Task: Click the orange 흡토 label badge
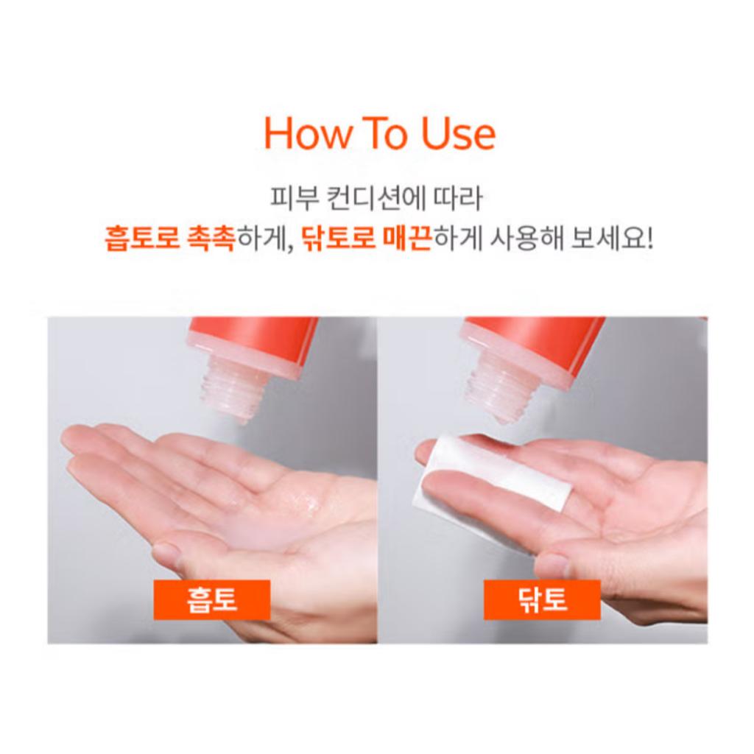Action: tap(212, 599)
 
